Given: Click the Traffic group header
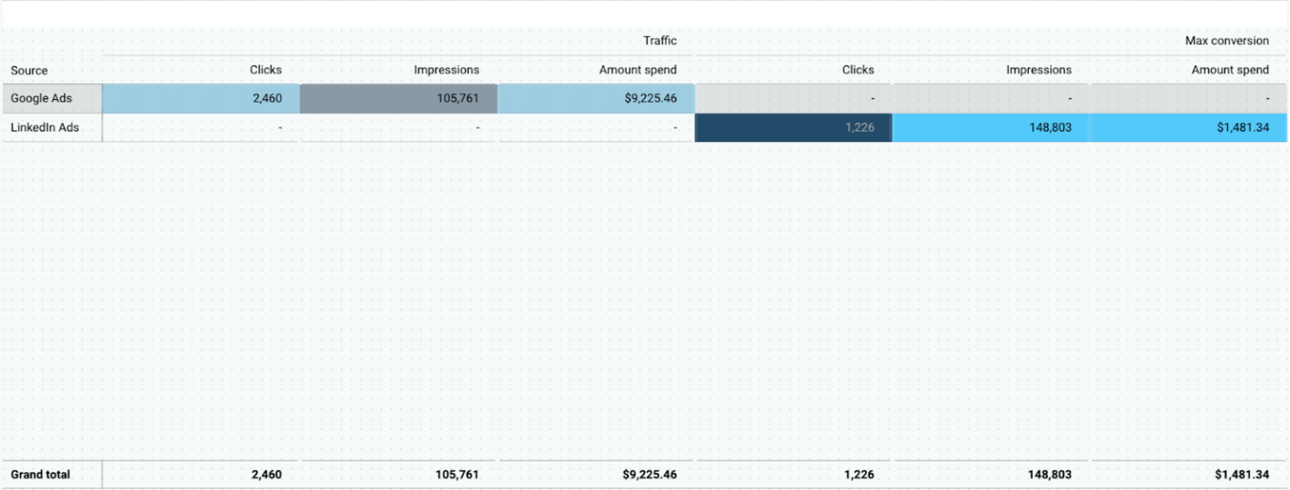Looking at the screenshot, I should [659, 40].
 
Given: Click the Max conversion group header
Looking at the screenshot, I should [1226, 40].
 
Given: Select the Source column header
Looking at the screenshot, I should [29, 70].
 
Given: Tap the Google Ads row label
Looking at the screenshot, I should [41, 98].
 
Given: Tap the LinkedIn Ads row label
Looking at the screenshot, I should [45, 128].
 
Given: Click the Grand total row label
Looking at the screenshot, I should [40, 474].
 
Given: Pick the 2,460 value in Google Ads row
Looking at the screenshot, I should [267, 98].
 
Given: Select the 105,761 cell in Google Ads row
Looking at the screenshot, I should [458, 98].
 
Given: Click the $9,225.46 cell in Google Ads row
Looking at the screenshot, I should [650, 98].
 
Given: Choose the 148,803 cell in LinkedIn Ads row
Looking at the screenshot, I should [1049, 128].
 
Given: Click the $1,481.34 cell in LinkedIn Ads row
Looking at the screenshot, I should [1241, 128].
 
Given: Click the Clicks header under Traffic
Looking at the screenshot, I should [265, 70].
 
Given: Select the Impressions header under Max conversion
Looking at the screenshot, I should [1039, 70].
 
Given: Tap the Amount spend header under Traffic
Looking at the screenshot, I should [637, 70].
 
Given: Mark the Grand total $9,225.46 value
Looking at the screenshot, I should [650, 474].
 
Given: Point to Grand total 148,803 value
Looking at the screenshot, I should [1049, 474].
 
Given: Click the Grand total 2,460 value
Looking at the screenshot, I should [267, 474].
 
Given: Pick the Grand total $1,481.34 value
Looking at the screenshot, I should [1241, 474].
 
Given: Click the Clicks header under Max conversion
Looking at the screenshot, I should [857, 70].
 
